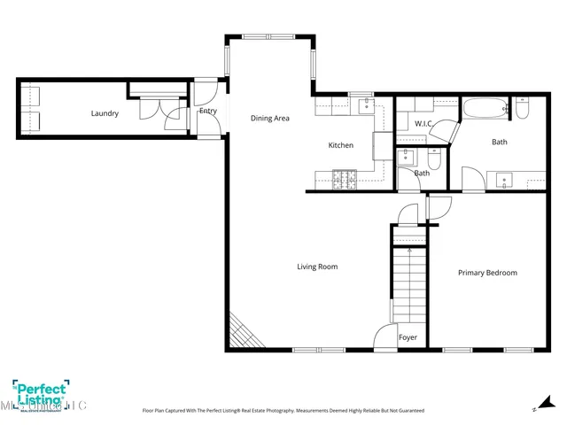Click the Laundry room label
tap(104, 113)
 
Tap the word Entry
tap(208, 111)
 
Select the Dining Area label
tap(269, 118)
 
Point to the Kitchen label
tap(340, 145)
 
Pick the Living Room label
tap(316, 267)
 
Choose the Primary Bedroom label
tap(487, 273)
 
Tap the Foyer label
tap(408, 337)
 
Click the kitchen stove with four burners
tap(349, 180)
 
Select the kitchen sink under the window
tap(364, 106)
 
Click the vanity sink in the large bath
tap(506, 180)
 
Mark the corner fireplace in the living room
tap(242, 334)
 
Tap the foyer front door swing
tap(384, 336)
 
